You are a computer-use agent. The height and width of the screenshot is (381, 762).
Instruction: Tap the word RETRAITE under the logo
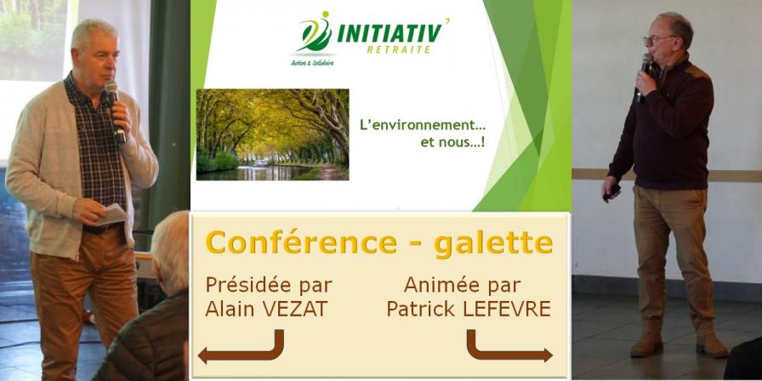(x=400, y=49)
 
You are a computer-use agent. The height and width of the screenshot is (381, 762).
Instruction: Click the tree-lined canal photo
(x=273, y=134)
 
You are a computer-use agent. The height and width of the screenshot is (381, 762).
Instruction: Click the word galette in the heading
(x=494, y=242)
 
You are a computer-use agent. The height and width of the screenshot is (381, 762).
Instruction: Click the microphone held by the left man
(x=115, y=111)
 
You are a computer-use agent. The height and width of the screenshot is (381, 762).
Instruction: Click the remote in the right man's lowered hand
(x=611, y=192)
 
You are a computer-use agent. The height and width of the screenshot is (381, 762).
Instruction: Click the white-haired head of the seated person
(x=171, y=253)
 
